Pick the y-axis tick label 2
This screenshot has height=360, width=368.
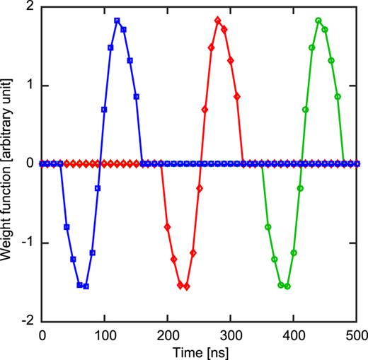(x=31, y=6)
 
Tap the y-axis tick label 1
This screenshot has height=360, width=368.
(x=31, y=86)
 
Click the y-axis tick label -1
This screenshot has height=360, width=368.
(x=29, y=243)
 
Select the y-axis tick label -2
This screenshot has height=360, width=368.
(x=29, y=321)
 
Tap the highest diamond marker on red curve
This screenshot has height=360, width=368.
(x=217, y=21)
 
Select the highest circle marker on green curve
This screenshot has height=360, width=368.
(x=318, y=21)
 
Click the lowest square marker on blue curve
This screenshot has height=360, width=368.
(x=86, y=286)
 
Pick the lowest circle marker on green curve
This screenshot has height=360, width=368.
(x=287, y=286)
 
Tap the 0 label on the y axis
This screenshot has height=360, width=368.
(x=31, y=164)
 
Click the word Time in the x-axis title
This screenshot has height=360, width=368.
(x=189, y=352)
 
